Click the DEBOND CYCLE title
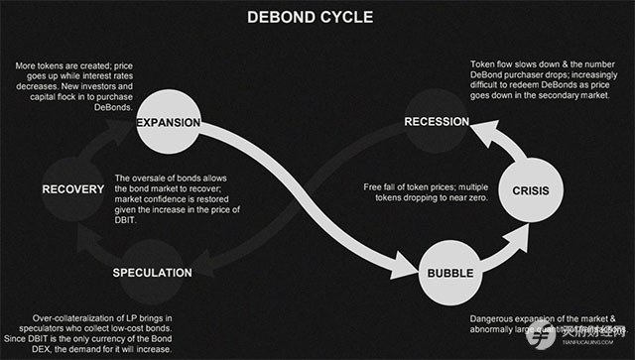pyautogui.click(x=317, y=17)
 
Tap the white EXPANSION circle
pyautogui.click(x=169, y=123)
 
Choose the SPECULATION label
pyautogui.click(x=152, y=271)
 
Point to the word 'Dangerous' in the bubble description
pyautogui.click(x=493, y=318)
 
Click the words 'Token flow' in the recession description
pyautogui.click(x=492, y=66)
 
